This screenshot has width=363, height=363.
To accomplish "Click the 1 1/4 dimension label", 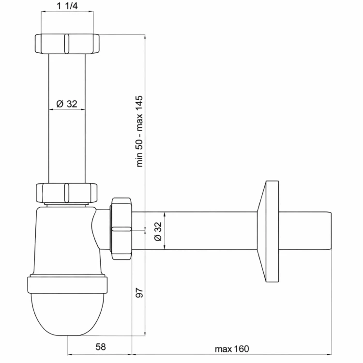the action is [67, 6].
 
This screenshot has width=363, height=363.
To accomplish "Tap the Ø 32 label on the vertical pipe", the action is [67, 104].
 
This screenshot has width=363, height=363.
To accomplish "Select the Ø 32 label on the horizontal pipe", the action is [158, 231].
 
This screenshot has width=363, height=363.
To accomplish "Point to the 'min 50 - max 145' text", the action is [139, 131].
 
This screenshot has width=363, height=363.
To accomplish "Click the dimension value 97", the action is [139, 293].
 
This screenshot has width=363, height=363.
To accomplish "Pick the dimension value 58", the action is [101, 347].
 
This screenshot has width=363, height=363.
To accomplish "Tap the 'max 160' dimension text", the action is [232, 349].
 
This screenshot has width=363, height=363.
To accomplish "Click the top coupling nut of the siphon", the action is [67, 44].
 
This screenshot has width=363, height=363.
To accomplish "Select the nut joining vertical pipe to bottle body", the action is [67, 193].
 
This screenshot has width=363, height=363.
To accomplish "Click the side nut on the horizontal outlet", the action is [121, 228].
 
